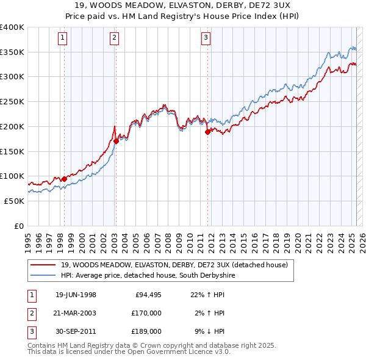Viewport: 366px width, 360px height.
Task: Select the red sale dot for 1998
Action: click(64, 179)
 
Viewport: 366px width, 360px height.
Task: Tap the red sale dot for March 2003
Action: click(115, 141)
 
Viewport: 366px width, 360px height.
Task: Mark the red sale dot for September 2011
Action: click(207, 131)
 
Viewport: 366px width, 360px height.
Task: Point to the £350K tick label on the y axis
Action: click(12, 52)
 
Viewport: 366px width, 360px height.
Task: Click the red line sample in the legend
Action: click(43, 265)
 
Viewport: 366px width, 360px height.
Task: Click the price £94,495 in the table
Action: click(148, 295)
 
